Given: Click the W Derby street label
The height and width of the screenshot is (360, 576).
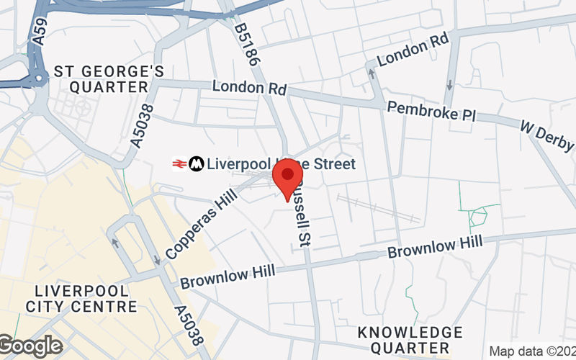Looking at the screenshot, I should pos(548,136).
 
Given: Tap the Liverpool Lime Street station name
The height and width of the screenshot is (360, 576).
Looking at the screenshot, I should pos(281,164).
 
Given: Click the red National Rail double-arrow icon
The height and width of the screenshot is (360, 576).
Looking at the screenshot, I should pos(179,164).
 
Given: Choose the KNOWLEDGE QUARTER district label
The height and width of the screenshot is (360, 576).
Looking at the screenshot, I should pos(410,340).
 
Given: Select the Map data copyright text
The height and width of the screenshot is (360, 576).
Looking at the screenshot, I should pos(531,351).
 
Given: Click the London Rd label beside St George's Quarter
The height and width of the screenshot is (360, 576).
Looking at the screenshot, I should pos(249,89).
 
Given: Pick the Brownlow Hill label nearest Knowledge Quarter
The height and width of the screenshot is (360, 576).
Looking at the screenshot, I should pos(435,248).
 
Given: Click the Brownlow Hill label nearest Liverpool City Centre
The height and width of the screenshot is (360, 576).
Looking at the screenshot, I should pos(228,274).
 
